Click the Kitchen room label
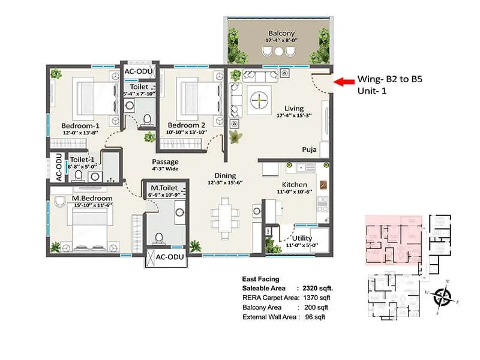[x=295, y=184]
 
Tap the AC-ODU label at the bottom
[x=166, y=257]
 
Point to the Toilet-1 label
[x=82, y=159]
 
